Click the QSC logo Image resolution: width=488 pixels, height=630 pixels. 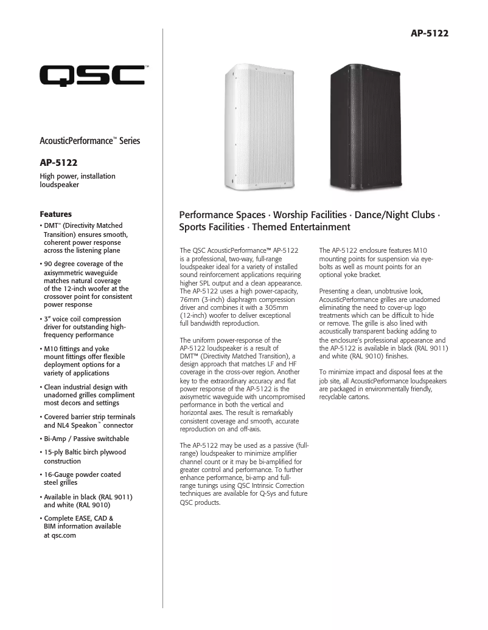coord(92,77)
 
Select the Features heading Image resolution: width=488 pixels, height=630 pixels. coord(56,214)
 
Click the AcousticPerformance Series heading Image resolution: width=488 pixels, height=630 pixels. coord(90,141)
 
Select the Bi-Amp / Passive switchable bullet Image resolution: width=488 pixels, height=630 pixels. coord(86,439)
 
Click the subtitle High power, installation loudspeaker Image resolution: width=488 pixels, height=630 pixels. coord(77,180)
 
